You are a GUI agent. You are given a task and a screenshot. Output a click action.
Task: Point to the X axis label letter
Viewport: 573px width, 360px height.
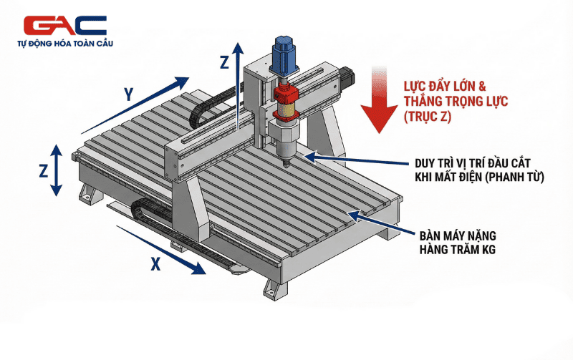[x=155, y=263]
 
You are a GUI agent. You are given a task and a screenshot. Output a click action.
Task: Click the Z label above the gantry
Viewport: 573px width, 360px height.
[x=225, y=62]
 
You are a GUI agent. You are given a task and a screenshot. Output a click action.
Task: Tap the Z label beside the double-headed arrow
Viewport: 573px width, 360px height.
[x=44, y=170]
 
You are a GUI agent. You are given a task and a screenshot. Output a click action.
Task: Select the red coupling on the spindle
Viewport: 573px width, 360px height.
[x=286, y=94]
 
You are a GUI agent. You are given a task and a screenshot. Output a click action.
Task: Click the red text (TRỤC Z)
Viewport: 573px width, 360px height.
[x=428, y=117]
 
